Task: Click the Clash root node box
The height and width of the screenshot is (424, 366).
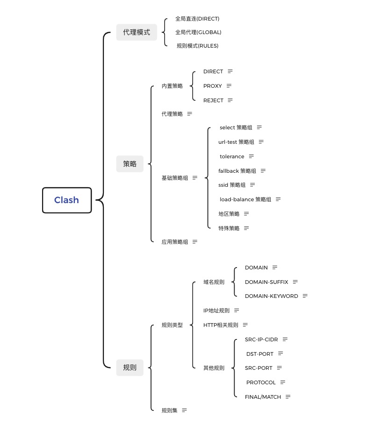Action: pyautogui.click(x=67, y=200)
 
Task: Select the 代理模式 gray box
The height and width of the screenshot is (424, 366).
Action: pyautogui.click(x=136, y=32)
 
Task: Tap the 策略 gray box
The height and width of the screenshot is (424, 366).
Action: pyautogui.click(x=129, y=163)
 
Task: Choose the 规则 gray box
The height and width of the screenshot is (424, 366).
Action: pyautogui.click(x=129, y=367)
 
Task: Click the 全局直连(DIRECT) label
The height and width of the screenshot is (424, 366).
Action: pyautogui.click(x=197, y=19)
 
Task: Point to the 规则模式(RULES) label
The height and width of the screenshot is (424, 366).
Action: pyautogui.click(x=198, y=46)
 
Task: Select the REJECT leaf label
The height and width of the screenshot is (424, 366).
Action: pyautogui.click(x=213, y=100)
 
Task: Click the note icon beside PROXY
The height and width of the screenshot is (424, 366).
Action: pyautogui.click(x=229, y=86)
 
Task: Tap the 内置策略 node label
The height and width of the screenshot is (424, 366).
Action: pyautogui.click(x=172, y=86)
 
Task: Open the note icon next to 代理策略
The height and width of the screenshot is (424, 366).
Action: pyautogui.click(x=189, y=114)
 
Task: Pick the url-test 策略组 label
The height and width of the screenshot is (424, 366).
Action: pyautogui.click(x=237, y=142)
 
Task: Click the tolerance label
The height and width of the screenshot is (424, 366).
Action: pyautogui.click(x=232, y=156)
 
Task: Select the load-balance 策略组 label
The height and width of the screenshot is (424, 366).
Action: pyautogui.click(x=245, y=199)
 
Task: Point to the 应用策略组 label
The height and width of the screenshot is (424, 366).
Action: pyautogui.click(x=175, y=242)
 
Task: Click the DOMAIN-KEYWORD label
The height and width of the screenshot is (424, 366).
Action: pyautogui.click(x=272, y=296)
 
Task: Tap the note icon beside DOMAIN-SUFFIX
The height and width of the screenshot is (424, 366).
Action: pyautogui.click(x=295, y=282)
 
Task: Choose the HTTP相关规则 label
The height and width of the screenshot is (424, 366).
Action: pyautogui.click(x=221, y=325)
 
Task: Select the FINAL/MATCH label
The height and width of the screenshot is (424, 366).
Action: pyautogui.click(x=263, y=397)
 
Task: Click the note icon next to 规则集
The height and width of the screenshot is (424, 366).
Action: pyautogui.click(x=184, y=410)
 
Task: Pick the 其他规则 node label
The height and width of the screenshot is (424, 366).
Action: pyautogui.click(x=214, y=368)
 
